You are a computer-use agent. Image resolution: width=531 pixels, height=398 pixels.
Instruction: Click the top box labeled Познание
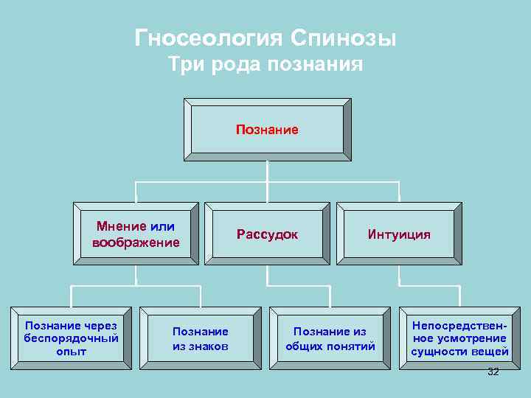267,130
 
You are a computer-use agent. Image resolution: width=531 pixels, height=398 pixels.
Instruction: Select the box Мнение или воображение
136,234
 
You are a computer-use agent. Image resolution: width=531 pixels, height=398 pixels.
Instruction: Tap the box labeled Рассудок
267,234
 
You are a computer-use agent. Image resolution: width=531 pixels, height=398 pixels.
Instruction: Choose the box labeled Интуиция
399,234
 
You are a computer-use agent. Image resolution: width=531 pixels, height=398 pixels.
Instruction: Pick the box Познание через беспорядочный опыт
71,338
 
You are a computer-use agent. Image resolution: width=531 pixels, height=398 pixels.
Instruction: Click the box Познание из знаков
201,338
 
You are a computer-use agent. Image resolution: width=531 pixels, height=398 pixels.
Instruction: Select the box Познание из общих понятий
330,338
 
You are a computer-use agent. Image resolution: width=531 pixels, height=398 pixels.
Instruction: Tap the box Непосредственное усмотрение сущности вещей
459,338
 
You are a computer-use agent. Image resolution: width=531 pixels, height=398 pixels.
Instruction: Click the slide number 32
493,372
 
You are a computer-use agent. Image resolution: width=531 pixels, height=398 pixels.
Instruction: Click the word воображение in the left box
136,242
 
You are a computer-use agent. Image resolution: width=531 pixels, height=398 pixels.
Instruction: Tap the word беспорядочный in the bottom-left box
71,338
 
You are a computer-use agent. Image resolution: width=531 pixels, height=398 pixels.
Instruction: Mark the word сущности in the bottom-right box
439,352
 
